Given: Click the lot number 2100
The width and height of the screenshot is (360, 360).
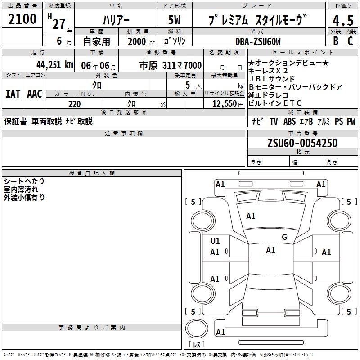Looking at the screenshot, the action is tap(22, 19).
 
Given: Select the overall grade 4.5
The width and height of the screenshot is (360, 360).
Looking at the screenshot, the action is tap(343, 20).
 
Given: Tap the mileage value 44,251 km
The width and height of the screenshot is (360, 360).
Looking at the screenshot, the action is tap(55, 65).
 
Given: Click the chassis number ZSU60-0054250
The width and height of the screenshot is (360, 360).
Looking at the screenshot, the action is tap(302, 143).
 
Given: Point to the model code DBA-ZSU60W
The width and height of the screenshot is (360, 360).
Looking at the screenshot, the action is tap(258, 41).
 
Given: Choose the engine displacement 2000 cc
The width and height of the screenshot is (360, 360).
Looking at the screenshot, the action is tap(141, 41).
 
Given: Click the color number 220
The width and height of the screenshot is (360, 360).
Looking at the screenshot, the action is tap(75, 104).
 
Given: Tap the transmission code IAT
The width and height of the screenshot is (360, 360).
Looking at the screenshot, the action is tap(13, 94).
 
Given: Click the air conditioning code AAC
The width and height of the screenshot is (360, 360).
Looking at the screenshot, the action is tap(35, 94).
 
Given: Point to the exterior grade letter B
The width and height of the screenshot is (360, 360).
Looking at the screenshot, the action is tap(336, 41).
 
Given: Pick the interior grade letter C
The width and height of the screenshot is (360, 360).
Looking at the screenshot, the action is tap(350, 41).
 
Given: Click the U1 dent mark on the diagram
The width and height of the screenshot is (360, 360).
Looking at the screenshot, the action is tap(215, 241).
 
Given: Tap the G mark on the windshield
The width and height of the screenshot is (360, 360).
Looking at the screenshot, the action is tap(284, 237).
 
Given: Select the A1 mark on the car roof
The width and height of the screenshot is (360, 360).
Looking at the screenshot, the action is tap(270, 251).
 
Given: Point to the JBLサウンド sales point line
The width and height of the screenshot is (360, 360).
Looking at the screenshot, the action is tap(272, 79).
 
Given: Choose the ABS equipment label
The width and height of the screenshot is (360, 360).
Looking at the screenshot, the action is tap(289, 121).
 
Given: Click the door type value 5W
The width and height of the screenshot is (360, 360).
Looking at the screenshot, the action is tap(174, 20).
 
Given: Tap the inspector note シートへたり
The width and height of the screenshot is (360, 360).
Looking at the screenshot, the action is tap(24, 181).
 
